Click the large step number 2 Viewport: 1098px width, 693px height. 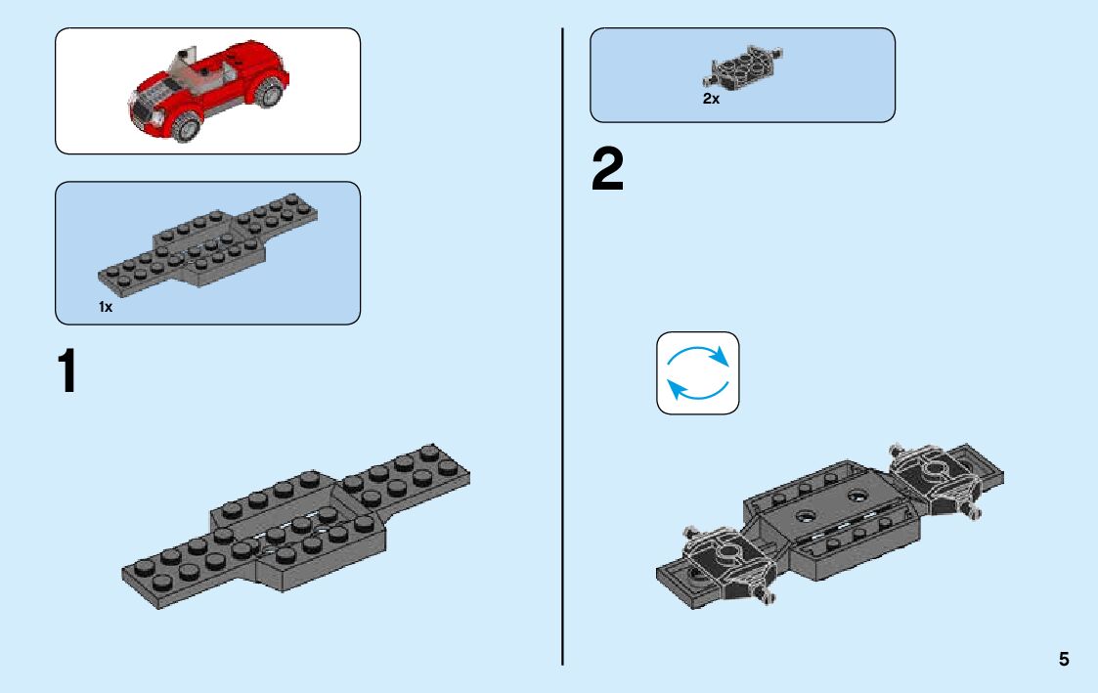click(607, 171)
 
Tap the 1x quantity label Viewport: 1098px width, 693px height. click(106, 307)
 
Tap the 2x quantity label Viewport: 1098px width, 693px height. click(711, 99)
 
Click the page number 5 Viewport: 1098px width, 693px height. click(1063, 660)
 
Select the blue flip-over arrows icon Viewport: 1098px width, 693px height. click(697, 372)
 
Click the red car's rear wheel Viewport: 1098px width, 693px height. click(270, 94)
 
